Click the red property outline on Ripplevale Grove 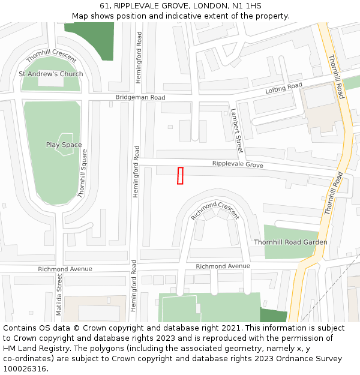click(180, 175)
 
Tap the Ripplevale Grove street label click(238, 164)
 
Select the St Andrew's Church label click(51, 74)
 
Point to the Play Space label click(64, 145)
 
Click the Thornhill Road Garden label click(290, 242)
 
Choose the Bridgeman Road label click(140, 97)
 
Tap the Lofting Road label click(284, 88)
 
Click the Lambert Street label click(237, 130)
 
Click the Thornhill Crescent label click(52, 56)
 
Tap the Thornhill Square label click(82, 174)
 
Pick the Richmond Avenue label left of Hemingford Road click(65, 269)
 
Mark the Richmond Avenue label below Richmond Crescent click(223, 266)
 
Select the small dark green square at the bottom click(273, 315)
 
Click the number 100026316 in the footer click(25, 368)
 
